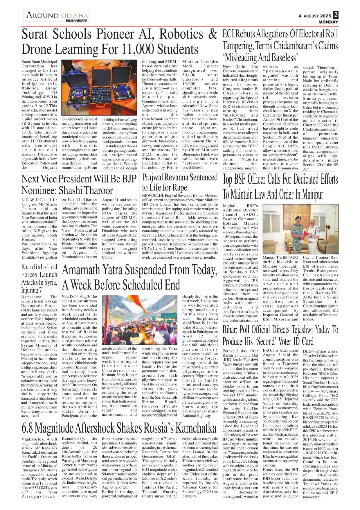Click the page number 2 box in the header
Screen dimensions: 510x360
(336, 15)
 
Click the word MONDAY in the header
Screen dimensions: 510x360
(328, 22)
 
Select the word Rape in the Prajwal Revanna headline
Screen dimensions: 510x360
(179, 187)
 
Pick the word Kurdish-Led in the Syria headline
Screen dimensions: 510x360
(39, 267)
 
